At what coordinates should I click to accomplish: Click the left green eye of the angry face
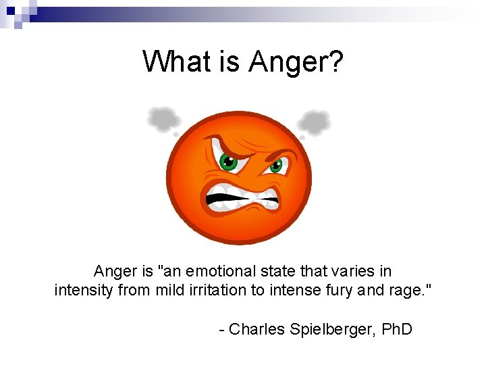click(229, 162)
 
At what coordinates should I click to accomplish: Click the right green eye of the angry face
click(275, 166)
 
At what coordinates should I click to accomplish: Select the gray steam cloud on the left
click(164, 120)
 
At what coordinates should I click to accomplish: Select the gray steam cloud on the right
click(315, 122)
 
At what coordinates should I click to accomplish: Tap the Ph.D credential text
click(397, 329)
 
